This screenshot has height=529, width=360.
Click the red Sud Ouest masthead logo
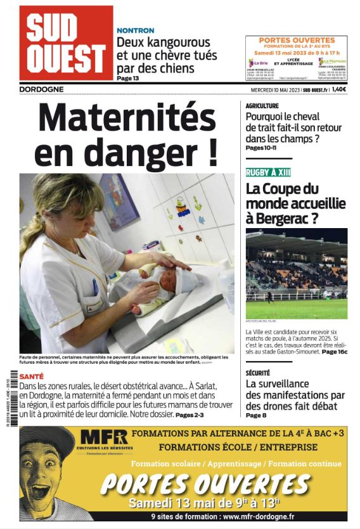pos(66,42)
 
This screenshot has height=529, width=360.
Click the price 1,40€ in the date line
pos(339,89)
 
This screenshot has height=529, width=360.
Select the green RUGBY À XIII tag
pos(268,172)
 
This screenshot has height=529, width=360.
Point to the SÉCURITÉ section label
pos(258,373)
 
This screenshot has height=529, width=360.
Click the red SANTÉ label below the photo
pos(32,376)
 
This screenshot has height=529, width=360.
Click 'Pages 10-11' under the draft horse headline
pos(262,148)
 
